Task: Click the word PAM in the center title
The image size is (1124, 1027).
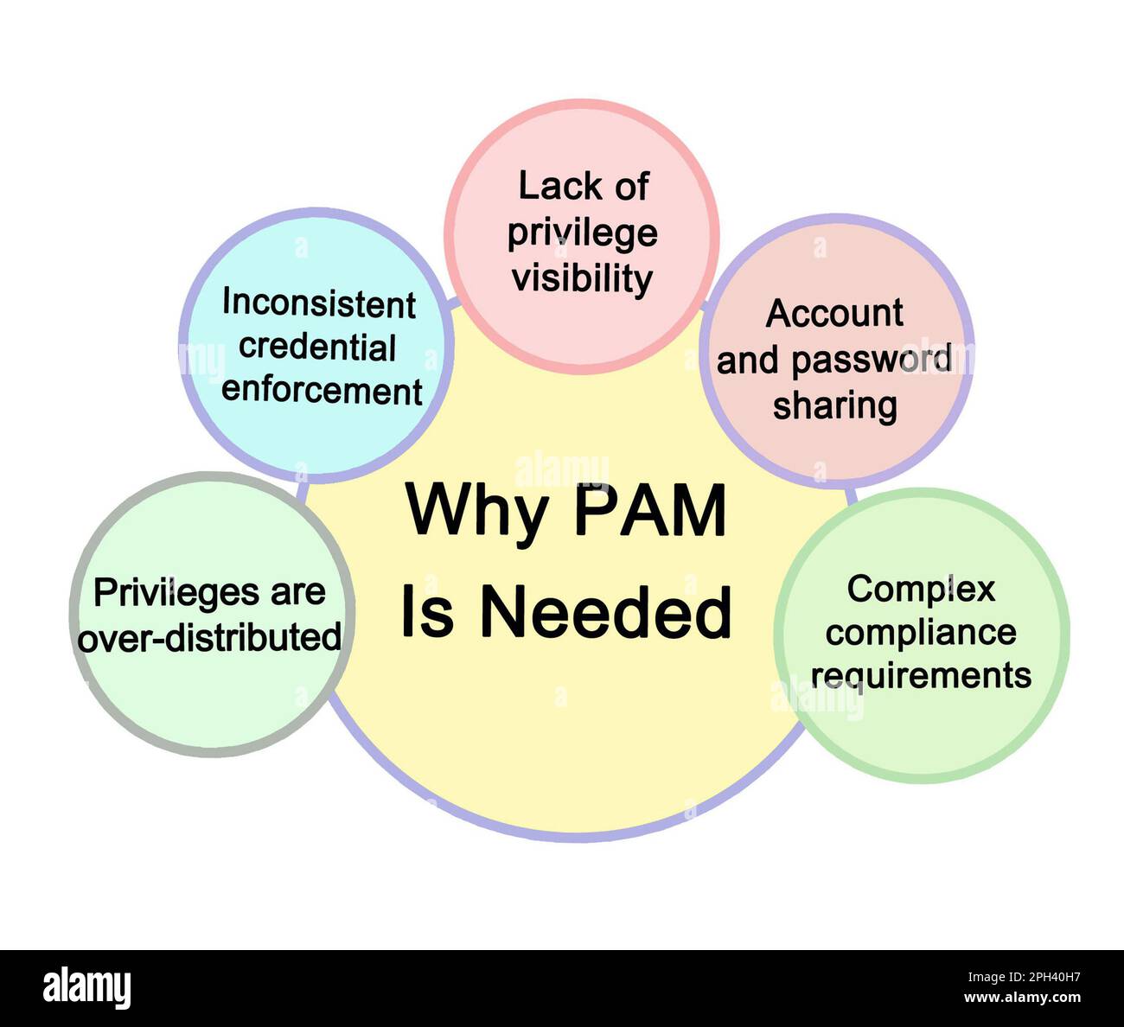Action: (650, 511)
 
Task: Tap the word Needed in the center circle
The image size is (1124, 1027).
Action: (605, 612)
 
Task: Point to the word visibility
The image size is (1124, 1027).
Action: (581, 279)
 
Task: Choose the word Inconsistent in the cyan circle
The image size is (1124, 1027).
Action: (319, 303)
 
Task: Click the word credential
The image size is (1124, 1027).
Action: (317, 347)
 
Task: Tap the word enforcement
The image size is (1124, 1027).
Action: (322, 391)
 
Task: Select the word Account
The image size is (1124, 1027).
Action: (834, 313)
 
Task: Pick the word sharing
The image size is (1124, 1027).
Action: (834, 405)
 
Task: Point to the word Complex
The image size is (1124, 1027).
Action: (921, 590)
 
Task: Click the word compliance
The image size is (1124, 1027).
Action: (921, 632)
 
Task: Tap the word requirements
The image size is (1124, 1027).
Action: (921, 675)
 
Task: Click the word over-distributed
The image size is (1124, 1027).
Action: (210, 638)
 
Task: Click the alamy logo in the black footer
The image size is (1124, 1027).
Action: (87, 987)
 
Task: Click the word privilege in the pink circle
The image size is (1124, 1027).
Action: (582, 234)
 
